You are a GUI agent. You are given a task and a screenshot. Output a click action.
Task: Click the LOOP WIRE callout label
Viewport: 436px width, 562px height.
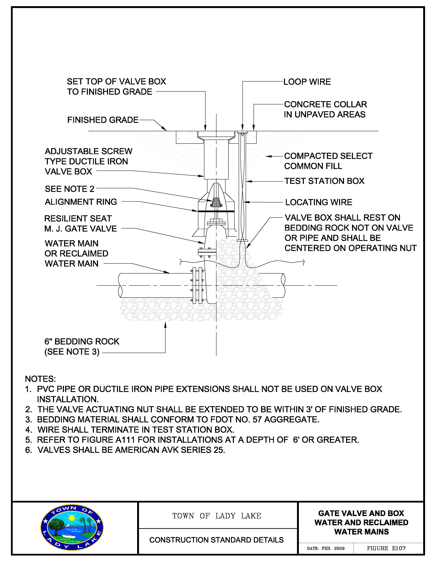point(307,82)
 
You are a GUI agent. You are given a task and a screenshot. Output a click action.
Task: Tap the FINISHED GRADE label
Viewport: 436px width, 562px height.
point(103,120)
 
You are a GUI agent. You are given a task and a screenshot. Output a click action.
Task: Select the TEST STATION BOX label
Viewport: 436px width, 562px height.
point(324,181)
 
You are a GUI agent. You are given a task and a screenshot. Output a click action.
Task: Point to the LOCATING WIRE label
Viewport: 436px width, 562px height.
point(319,202)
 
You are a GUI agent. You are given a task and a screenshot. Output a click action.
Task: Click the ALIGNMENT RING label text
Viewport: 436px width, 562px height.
point(81,202)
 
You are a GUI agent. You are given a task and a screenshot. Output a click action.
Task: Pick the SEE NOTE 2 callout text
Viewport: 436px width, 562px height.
point(70,189)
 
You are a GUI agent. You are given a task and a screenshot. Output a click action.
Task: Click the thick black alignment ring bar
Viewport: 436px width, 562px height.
point(216,211)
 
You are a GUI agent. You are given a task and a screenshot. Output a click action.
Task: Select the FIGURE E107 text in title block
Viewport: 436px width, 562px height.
point(386,548)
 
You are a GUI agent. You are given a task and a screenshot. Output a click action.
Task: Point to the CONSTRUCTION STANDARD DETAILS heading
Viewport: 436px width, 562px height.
point(216,540)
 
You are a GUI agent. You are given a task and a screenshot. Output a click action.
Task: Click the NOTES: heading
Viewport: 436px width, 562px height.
point(40,379)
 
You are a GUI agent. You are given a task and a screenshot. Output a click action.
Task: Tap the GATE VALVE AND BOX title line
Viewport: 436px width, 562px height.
point(361,513)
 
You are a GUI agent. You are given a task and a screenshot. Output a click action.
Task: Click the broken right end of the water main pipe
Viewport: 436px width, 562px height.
point(283,285)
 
